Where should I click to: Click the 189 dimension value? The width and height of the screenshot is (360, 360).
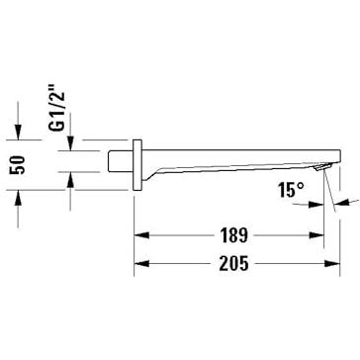pyautogui.click(x=233, y=235)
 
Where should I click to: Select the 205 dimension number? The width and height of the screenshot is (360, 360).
pyautogui.click(x=233, y=264)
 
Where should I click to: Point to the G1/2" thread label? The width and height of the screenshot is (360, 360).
pyautogui.click(x=57, y=109)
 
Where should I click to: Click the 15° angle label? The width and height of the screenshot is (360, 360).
pyautogui.click(x=291, y=190)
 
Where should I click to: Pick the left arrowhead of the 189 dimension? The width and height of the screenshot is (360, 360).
pyautogui.click(x=141, y=235)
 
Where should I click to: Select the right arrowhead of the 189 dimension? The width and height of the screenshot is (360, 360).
pyautogui.click(x=316, y=235)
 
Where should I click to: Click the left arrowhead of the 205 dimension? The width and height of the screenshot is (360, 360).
pyautogui.click(x=141, y=264)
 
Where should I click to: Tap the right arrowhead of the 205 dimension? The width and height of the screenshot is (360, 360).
pyautogui.click(x=332, y=264)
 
